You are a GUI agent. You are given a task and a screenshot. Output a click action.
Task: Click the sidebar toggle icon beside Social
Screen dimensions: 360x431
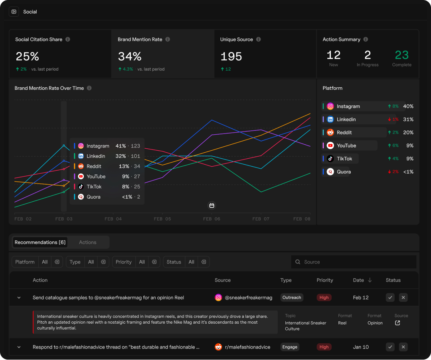pos(14,12)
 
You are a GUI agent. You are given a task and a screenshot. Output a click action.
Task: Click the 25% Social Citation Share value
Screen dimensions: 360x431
pos(27,56)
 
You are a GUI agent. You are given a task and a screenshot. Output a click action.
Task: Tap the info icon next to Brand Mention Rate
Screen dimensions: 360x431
pos(168,39)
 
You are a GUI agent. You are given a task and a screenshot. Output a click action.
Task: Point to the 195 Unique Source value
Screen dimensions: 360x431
pos(231,56)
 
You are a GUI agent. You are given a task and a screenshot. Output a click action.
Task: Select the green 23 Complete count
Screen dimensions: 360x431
pos(401,55)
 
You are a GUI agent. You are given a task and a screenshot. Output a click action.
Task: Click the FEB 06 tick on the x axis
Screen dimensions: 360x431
pos(212,219)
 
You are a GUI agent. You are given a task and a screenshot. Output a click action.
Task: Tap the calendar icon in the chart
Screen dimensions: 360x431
pos(212,206)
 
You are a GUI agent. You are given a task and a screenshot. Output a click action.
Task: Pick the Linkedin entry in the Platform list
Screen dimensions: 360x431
pos(346,119)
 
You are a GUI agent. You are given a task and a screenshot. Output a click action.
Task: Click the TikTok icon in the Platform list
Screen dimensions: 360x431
pos(330,159)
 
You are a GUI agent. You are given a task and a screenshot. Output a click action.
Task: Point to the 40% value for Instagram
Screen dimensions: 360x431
pos(408,106)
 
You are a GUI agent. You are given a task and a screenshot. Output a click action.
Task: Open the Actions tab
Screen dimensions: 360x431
pos(88,242)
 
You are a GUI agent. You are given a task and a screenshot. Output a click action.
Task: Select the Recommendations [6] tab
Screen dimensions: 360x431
pos(40,242)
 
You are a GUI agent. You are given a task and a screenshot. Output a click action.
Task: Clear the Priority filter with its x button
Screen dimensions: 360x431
pos(154,262)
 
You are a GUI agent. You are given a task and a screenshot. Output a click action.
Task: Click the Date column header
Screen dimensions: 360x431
pos(358,280)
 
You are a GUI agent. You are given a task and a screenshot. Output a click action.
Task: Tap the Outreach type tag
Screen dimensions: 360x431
pos(292,297)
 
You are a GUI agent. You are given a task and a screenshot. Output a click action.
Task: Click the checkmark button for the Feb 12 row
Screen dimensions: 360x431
pos(390,297)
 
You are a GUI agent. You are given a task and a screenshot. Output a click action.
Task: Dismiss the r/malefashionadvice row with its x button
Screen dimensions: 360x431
pos(403,347)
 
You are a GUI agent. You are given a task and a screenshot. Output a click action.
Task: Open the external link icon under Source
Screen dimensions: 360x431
pos(397,323)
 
